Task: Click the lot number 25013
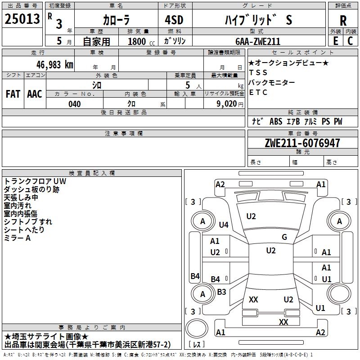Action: (x=22, y=18)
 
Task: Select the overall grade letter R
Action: (x=343, y=20)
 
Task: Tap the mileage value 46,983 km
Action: (x=54, y=65)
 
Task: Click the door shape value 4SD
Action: (x=174, y=20)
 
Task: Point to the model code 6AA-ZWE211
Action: (x=258, y=41)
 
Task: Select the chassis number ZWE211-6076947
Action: (x=302, y=143)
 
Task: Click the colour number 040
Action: (x=75, y=104)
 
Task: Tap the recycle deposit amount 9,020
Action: (x=227, y=104)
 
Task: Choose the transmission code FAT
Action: (x=13, y=94)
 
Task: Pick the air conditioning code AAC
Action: (x=35, y=94)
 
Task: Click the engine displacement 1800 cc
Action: (x=141, y=41)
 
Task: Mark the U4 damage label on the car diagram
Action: (x=224, y=225)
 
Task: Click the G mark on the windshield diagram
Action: (x=284, y=237)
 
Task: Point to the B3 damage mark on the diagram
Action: (x=221, y=292)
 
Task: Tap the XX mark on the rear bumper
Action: (x=283, y=322)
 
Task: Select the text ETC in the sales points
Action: (x=258, y=92)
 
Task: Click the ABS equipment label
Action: (x=276, y=121)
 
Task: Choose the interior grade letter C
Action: (x=350, y=41)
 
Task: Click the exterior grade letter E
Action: (x=336, y=41)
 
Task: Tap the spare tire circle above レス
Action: (x=197, y=328)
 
